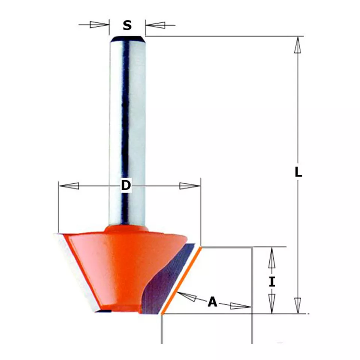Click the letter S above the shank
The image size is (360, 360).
click(127, 25)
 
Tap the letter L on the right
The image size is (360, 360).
click(298, 172)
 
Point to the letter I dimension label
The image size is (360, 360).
click(272, 282)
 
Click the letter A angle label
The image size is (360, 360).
click(213, 302)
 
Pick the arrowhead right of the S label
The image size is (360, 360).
click(155, 25)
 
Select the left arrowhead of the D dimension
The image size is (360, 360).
click(69, 186)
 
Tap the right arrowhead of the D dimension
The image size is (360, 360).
click(190, 186)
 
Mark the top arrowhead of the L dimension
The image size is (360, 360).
click(298, 45)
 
